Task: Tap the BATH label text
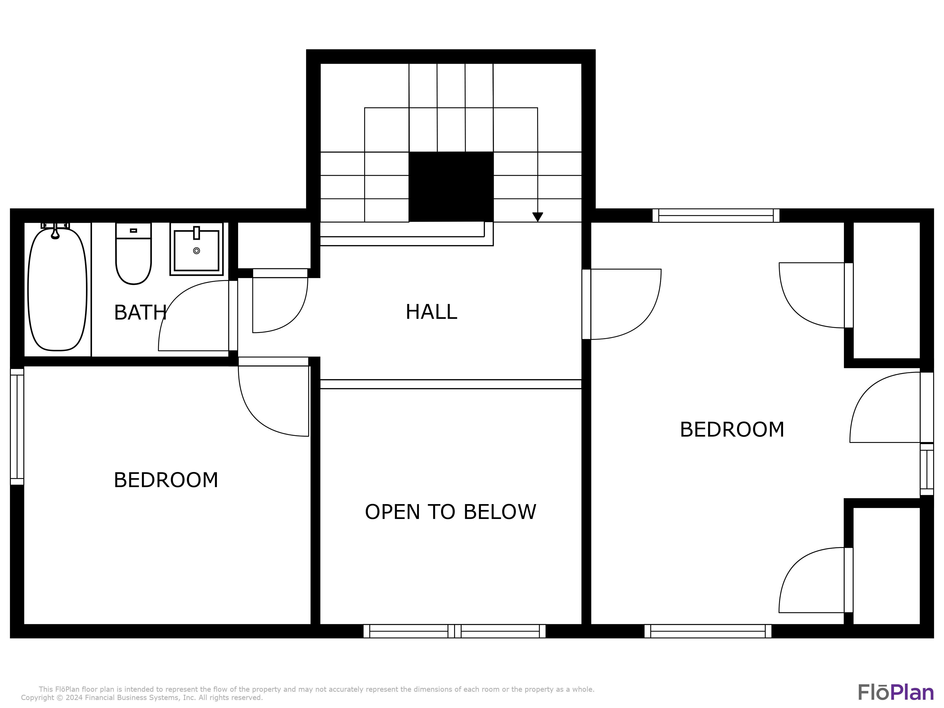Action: [140, 313]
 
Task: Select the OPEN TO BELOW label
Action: [450, 512]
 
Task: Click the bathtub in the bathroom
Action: [57, 289]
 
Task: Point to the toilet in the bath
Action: [133, 253]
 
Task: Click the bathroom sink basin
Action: [196, 249]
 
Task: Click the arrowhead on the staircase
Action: [538, 217]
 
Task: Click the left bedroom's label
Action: [166, 480]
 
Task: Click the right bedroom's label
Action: [732, 430]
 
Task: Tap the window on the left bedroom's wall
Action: [17, 427]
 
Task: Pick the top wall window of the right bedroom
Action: [716, 215]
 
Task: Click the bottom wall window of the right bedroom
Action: [708, 631]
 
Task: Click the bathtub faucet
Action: [55, 230]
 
